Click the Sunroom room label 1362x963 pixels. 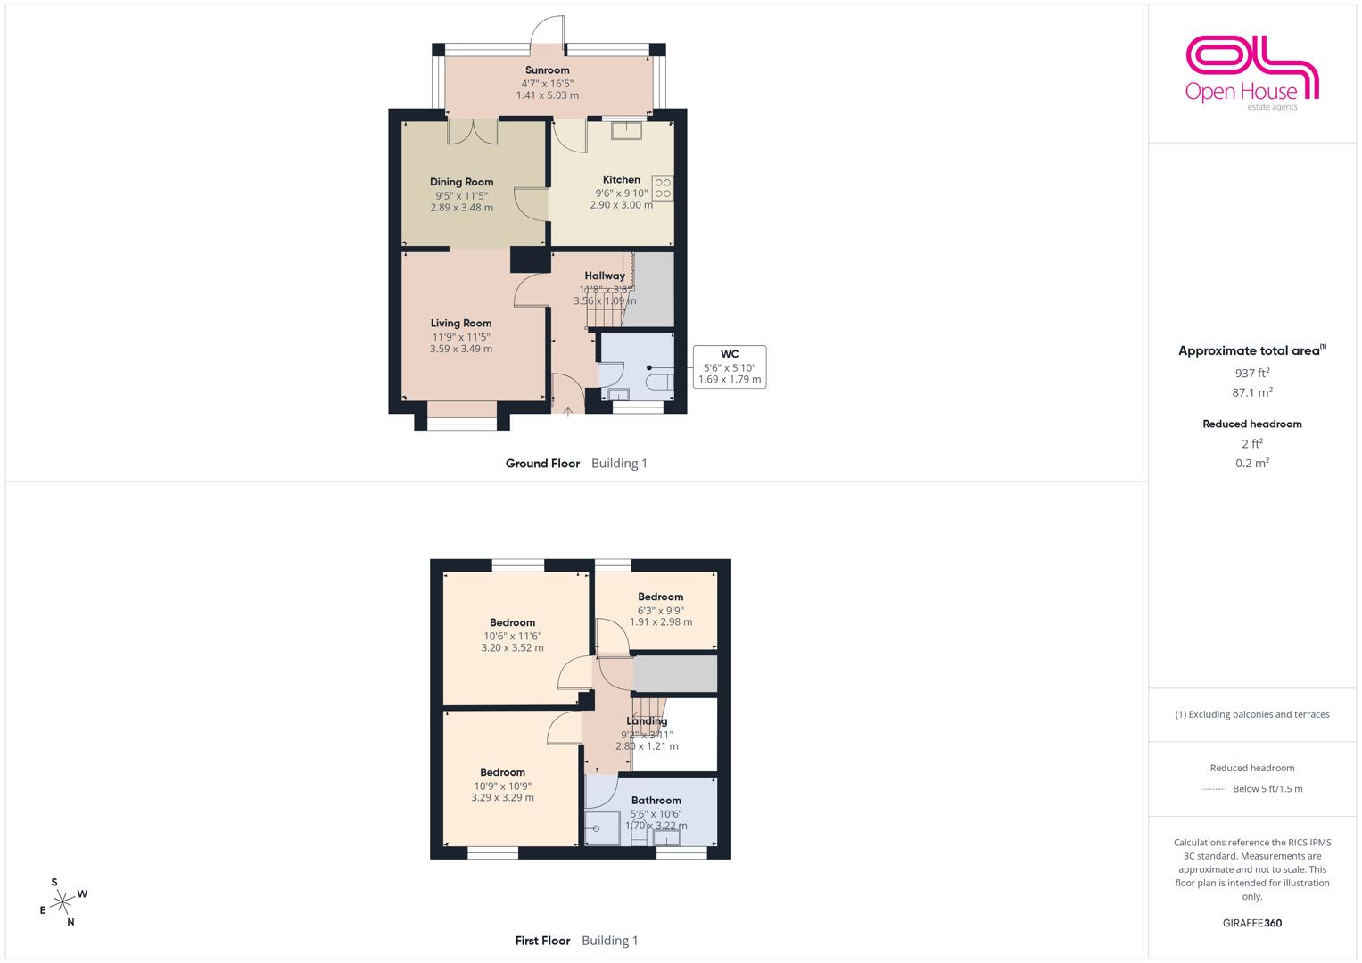click(548, 70)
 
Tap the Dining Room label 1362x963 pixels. click(461, 182)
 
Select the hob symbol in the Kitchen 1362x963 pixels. click(663, 188)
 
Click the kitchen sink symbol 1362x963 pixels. click(626, 131)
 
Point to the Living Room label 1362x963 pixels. click(461, 324)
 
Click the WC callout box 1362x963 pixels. click(730, 366)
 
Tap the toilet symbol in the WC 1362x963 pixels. click(660, 383)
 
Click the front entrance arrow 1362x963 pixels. click(568, 412)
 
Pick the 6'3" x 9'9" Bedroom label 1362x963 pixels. click(660, 597)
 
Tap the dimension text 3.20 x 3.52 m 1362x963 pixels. click(513, 648)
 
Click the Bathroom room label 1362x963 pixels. click(656, 801)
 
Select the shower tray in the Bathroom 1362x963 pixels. click(602, 827)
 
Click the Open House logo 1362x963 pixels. click(1252, 74)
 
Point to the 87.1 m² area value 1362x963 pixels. click(1252, 392)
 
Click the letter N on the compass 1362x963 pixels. click(70, 922)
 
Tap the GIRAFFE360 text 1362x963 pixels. click(1252, 923)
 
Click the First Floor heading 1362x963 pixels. click(542, 941)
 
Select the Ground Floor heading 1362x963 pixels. click(542, 464)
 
